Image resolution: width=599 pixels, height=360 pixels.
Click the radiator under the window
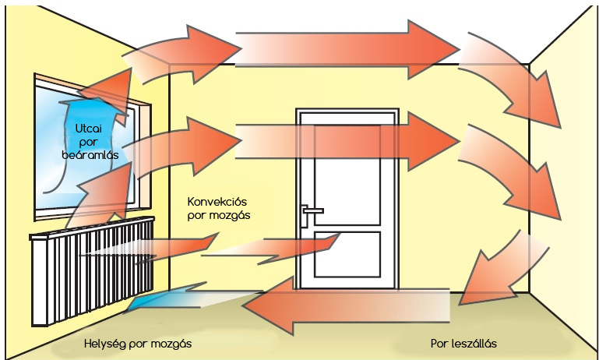pos(93,273)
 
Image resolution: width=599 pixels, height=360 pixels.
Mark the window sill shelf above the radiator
pos(93,226)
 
